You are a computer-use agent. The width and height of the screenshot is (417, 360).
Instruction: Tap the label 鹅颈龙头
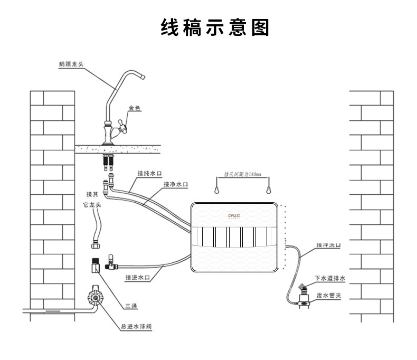pyautogui.click(x=71, y=64)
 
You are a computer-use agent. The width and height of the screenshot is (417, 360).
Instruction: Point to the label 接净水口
pyautogui.click(x=175, y=185)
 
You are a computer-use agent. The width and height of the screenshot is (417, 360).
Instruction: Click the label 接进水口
pyautogui.click(x=138, y=277)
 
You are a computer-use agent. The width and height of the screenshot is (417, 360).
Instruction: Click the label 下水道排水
pyautogui.click(x=329, y=278)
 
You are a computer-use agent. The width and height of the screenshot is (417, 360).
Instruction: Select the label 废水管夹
pyautogui.click(x=329, y=296)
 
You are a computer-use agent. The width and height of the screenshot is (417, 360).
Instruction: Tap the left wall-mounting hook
pyautogui.click(x=216, y=188)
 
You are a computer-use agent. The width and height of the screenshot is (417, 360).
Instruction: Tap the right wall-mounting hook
pyautogui.click(x=269, y=188)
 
